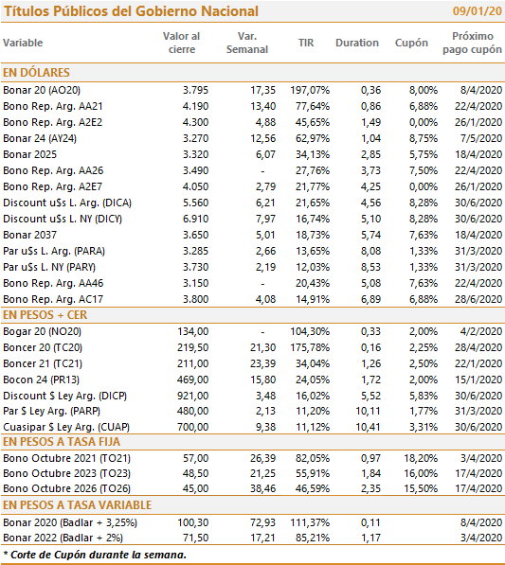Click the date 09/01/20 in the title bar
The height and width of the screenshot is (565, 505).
477,11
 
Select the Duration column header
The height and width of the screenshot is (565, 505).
357,43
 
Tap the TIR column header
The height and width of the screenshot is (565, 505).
306,43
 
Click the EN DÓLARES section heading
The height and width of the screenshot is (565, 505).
36,73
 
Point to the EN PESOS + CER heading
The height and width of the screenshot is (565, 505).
45,315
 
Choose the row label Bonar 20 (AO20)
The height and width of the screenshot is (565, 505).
42,90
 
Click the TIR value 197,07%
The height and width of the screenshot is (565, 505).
310,90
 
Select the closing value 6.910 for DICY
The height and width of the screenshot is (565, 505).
195,219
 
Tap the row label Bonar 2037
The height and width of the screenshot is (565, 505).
30,235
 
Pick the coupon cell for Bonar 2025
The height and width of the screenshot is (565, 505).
424,154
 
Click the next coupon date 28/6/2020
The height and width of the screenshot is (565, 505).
478,299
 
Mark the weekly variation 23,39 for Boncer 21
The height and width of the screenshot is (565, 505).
263,363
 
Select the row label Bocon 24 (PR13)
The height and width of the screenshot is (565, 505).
41,380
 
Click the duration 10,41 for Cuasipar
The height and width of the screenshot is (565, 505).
369,427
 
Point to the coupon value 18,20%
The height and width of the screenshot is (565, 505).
421,458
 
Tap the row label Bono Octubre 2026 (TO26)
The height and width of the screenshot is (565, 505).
66,488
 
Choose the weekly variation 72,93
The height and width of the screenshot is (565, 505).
263,522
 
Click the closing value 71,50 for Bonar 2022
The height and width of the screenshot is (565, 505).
196,538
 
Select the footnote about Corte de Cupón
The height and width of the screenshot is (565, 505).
95,555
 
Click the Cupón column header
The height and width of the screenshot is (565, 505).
411,43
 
